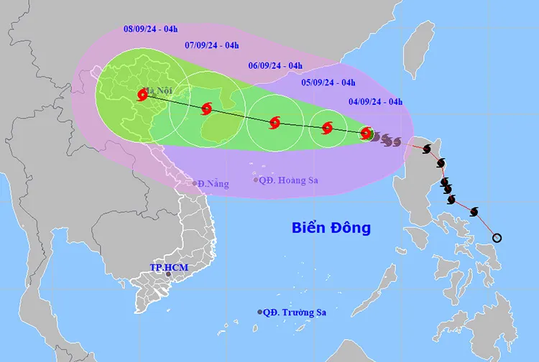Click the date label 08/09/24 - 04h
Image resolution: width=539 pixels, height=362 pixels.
(x=151, y=29)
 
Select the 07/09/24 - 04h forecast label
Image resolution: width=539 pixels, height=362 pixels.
(x=211, y=45)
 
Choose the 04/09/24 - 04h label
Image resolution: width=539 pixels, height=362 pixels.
(x=375, y=101)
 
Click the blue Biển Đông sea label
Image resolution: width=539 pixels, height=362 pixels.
(x=331, y=228)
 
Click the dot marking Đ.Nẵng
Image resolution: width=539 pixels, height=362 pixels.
(x=195, y=184)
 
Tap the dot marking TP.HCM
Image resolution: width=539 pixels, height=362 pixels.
(x=169, y=274)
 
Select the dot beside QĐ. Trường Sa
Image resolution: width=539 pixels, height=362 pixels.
(x=259, y=312)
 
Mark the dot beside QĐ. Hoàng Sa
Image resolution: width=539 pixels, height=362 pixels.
(x=256, y=180)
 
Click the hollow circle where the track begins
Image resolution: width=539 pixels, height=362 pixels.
(x=496, y=238)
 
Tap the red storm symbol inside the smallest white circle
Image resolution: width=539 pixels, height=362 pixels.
(x=327, y=128)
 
